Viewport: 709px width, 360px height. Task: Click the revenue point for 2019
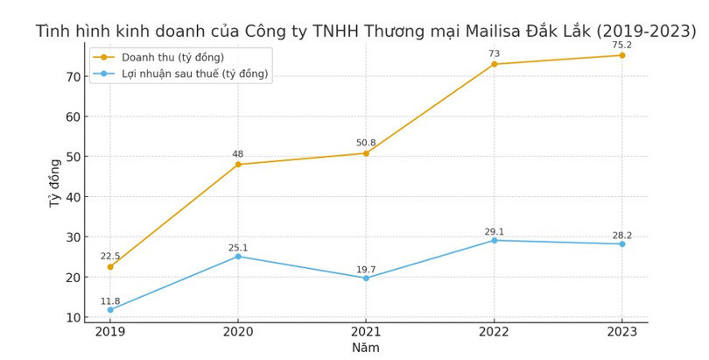pos(110,266)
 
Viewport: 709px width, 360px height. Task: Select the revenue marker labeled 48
pos(238,165)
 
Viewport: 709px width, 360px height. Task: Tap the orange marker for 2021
pos(366,153)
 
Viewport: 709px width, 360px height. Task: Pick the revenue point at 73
pos(495,64)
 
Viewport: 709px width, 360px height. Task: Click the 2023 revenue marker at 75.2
pos(622,55)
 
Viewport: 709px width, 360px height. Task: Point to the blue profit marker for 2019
pos(110,309)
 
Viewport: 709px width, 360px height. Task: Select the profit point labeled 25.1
pos(238,256)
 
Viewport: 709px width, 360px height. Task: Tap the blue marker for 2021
pos(366,278)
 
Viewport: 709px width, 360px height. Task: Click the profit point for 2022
pos(495,240)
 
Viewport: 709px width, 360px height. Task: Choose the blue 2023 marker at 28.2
pos(622,244)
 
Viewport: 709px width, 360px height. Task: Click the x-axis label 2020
pos(238,332)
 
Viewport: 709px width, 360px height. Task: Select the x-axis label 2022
pos(495,332)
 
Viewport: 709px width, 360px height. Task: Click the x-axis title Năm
pos(365,348)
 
